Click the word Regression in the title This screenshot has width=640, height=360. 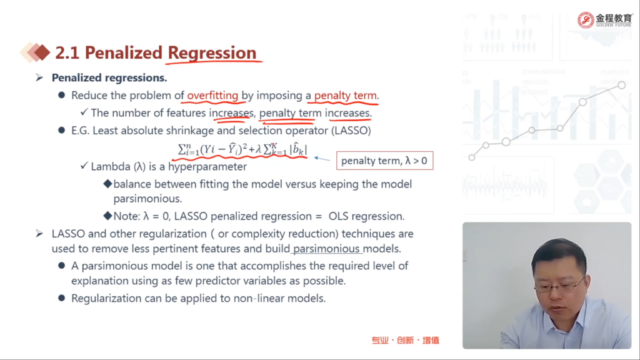(x=212, y=53)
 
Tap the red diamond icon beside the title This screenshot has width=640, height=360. (x=42, y=52)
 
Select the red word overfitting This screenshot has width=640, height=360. (x=212, y=96)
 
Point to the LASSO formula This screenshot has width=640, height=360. (x=242, y=149)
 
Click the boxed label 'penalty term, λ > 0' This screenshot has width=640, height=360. (x=384, y=161)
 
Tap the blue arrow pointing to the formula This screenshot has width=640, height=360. (x=322, y=159)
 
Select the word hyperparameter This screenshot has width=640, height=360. (x=207, y=166)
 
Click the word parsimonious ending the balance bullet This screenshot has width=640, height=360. (x=147, y=199)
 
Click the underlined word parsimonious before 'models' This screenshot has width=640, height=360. (x=326, y=249)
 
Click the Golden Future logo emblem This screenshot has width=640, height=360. (x=586, y=20)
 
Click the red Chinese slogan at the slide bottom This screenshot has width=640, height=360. (x=405, y=341)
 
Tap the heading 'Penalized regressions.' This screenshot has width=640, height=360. (x=109, y=78)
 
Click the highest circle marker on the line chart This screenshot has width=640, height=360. (x=621, y=85)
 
